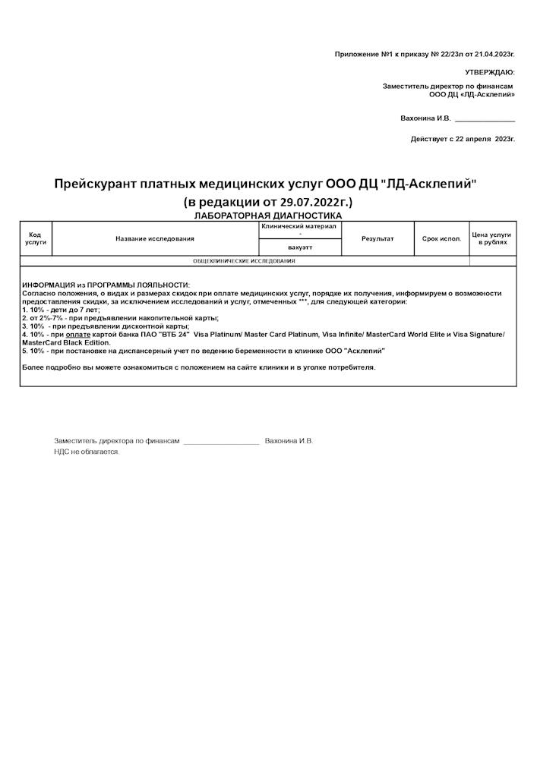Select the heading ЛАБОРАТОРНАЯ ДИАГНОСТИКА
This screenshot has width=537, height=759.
click(x=267, y=216)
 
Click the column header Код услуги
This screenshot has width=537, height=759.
click(x=36, y=238)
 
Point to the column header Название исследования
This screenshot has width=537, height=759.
click(x=155, y=238)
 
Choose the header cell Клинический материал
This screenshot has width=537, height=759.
click(x=299, y=226)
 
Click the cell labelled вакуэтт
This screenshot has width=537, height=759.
click(x=300, y=247)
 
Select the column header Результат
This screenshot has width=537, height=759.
click(x=377, y=238)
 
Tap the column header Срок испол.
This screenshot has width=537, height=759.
click(x=441, y=238)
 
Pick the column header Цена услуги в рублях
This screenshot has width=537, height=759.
click(x=492, y=238)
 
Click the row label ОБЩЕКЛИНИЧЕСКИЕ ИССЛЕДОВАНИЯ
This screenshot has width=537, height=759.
click(x=244, y=261)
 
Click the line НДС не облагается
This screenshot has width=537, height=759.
click(x=87, y=452)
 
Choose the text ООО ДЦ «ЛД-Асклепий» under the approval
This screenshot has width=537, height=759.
click(x=472, y=95)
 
